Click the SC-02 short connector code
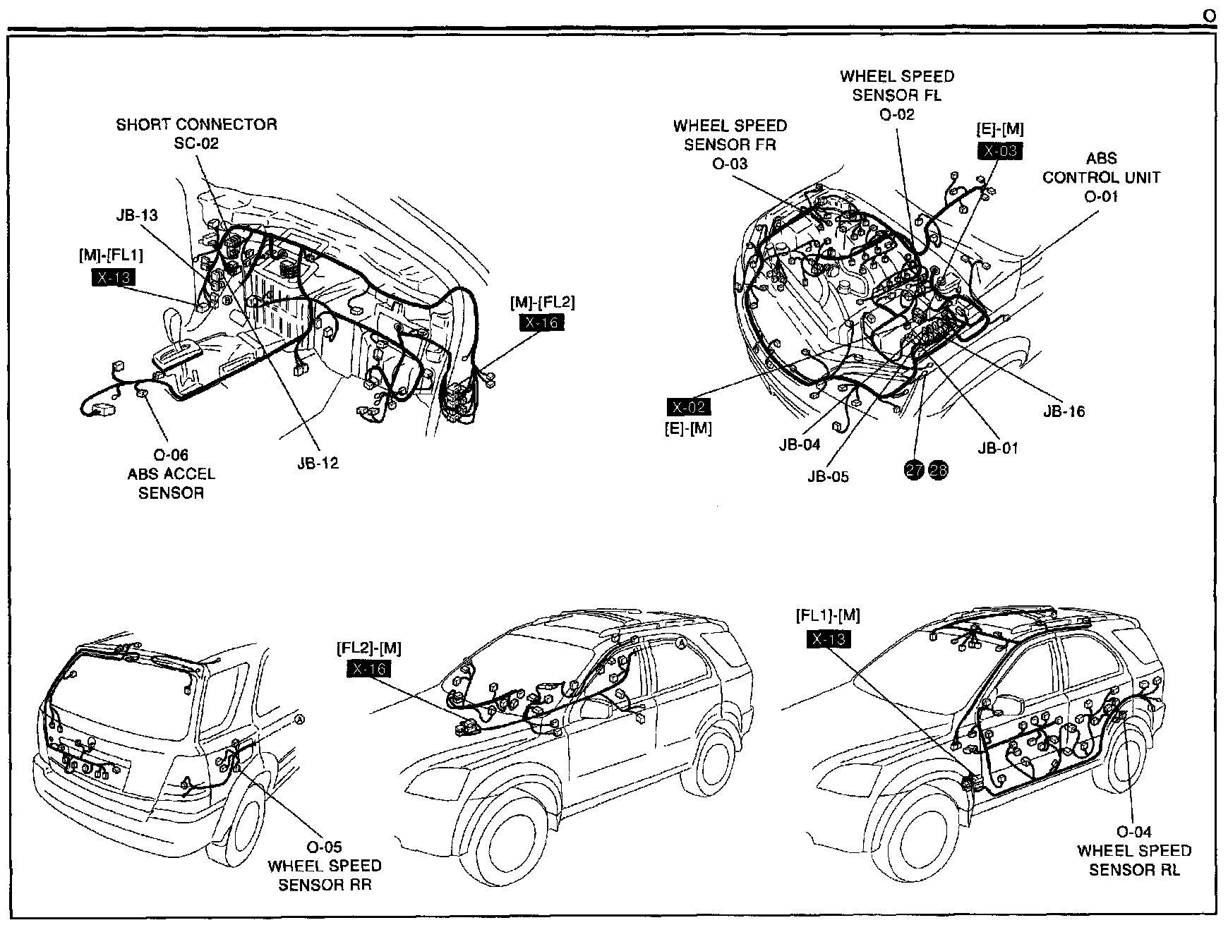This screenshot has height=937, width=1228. tap(196, 143)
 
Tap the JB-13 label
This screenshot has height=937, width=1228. tap(137, 215)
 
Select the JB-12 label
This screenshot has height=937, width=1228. tap(318, 464)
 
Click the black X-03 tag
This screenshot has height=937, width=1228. tap(999, 150)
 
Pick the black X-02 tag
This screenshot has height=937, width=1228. tap(689, 407)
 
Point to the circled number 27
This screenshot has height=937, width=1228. tap(915, 470)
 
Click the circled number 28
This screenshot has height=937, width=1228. tap(939, 470)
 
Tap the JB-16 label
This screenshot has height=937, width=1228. tap(1064, 411)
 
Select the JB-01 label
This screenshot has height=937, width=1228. tap(998, 448)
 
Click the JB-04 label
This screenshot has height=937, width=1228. tap(800, 445)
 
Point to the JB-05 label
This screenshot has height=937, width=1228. tap(828, 476)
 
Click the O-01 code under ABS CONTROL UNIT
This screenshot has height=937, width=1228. tap(1101, 196)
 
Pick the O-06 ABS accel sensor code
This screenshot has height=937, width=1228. tap(171, 455)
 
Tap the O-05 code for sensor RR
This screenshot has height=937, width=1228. tap(324, 847)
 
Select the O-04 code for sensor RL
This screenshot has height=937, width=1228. tap(1134, 832)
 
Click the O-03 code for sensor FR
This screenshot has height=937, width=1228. tap(730, 164)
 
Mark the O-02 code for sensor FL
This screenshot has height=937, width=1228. tap(897, 114)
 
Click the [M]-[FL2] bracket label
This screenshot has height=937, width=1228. tap(542, 303)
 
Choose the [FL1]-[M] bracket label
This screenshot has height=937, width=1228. tap(828, 615)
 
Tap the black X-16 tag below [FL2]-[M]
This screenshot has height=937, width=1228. tap(368, 668)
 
